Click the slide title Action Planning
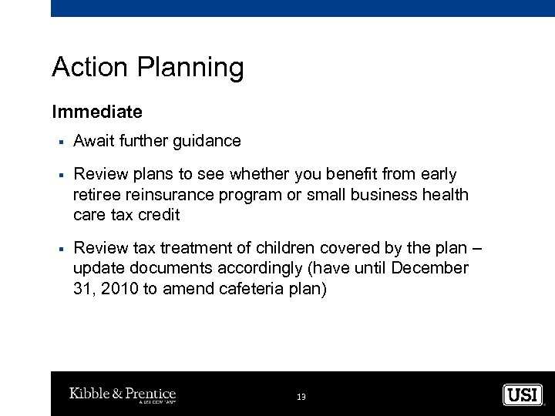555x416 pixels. tap(147, 69)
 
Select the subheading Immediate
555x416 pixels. tap(97, 112)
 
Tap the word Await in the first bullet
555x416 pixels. tap(92, 141)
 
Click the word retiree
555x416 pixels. tap(97, 195)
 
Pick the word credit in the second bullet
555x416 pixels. tap(159, 215)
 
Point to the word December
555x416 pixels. tap(432, 268)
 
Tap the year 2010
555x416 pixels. tap(113, 288)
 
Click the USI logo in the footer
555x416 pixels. tap(523, 394)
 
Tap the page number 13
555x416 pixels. tap(301, 396)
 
